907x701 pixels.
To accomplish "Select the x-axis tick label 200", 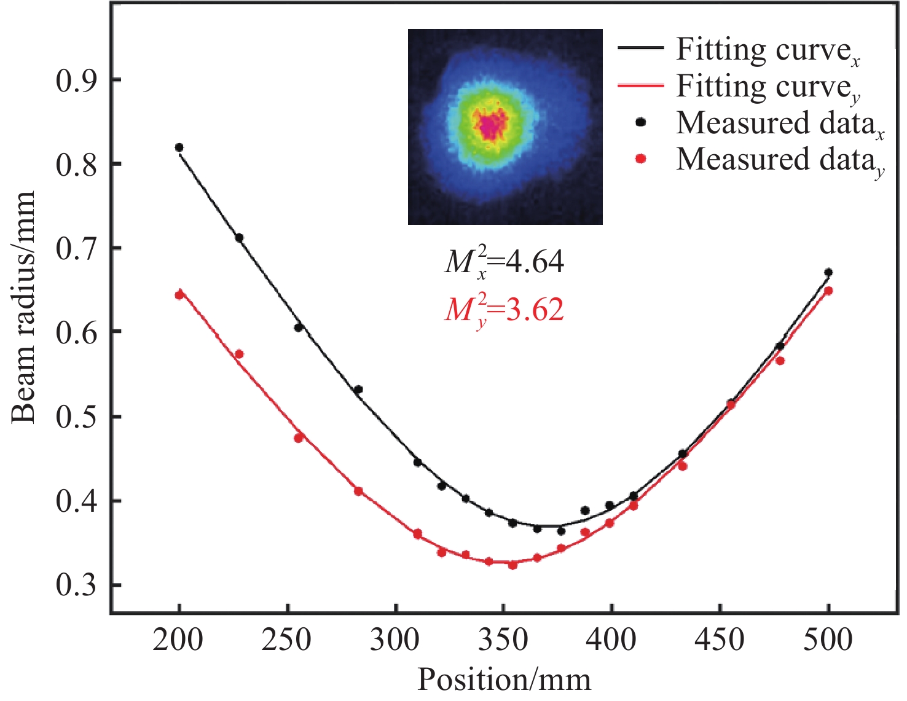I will pyautogui.click(x=178, y=640).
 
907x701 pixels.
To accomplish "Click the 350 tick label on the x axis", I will pyautogui.click(x=503, y=640).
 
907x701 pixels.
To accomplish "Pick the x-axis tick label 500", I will pyautogui.click(x=828, y=640).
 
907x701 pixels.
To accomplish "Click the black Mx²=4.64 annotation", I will pyautogui.click(x=504, y=263).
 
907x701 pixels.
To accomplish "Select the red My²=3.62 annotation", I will pyautogui.click(x=504, y=310).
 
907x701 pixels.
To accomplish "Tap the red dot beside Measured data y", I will pyautogui.click(x=641, y=159).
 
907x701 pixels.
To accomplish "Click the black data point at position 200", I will pyautogui.click(x=179, y=147).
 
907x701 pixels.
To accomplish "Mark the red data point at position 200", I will pyautogui.click(x=179, y=295).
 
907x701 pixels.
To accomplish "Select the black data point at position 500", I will pyautogui.click(x=828, y=272).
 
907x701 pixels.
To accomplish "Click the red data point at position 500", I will pyautogui.click(x=828, y=291).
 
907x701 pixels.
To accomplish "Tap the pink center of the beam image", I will pyautogui.click(x=490, y=127).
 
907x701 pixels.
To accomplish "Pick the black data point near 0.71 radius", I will pyautogui.click(x=240, y=238).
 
